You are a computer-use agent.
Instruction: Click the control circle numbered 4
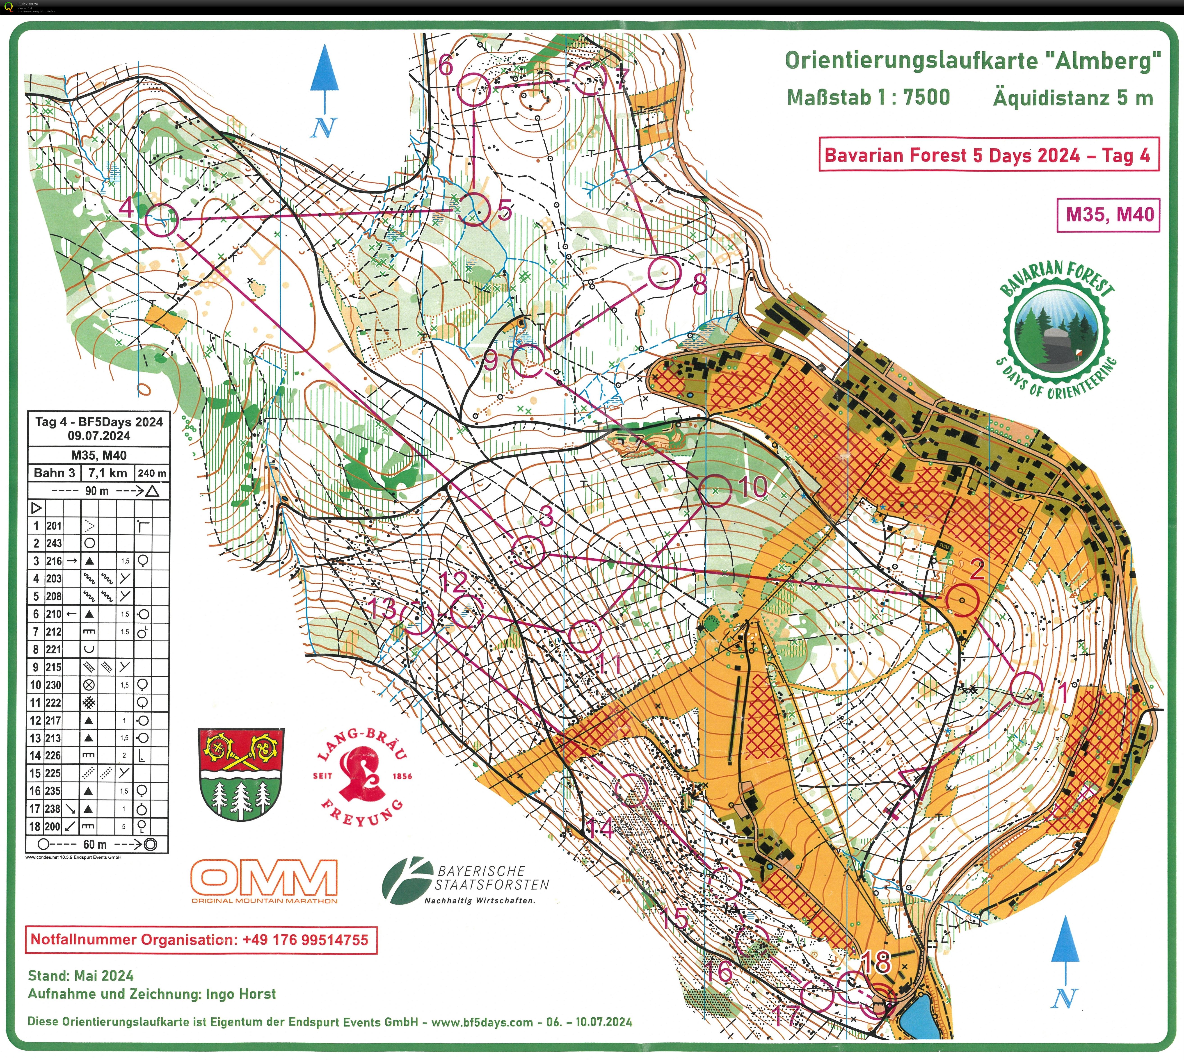[x=161, y=220]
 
